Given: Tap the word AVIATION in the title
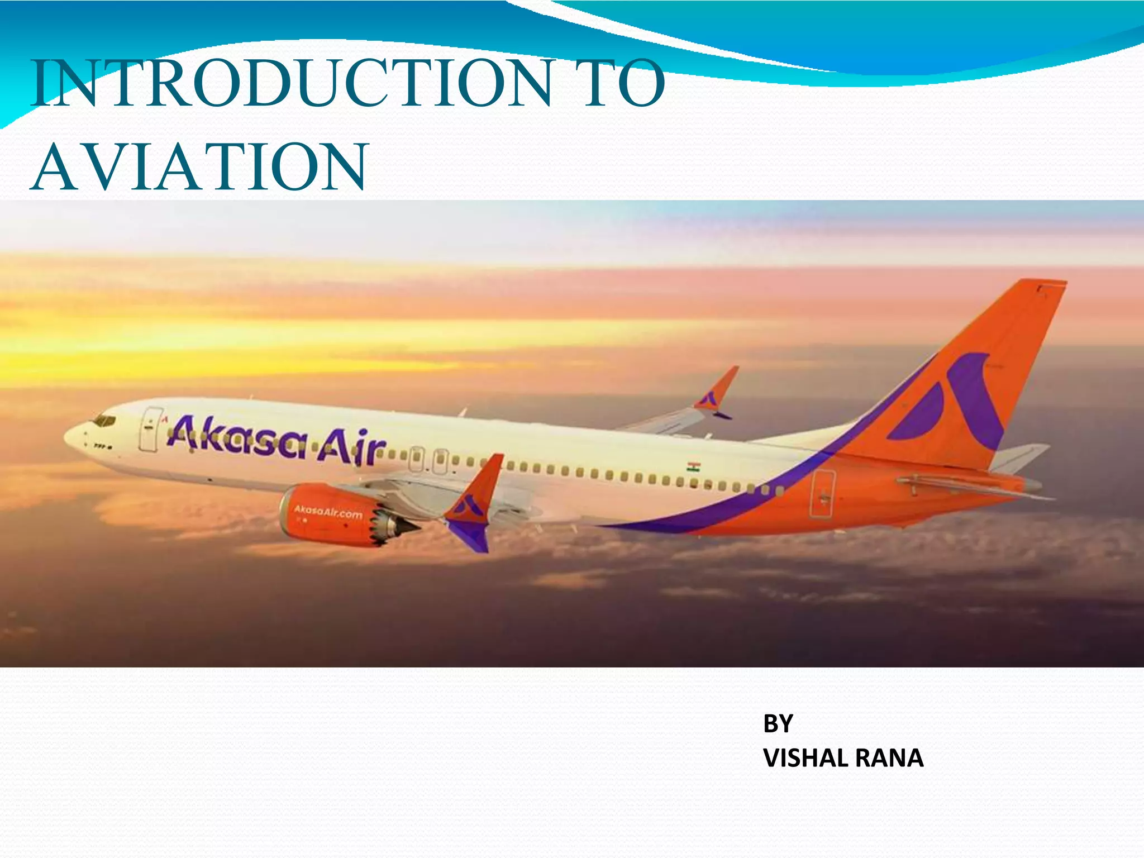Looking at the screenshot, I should tap(199, 167).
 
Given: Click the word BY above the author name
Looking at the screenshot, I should tap(778, 724).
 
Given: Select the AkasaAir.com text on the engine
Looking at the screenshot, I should tap(328, 511).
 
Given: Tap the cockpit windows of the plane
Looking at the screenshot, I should tap(104, 421).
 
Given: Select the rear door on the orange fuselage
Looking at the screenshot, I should tap(823, 494).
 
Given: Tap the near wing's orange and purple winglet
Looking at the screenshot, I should tap(475, 503).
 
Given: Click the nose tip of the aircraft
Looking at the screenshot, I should tap(67, 435).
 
